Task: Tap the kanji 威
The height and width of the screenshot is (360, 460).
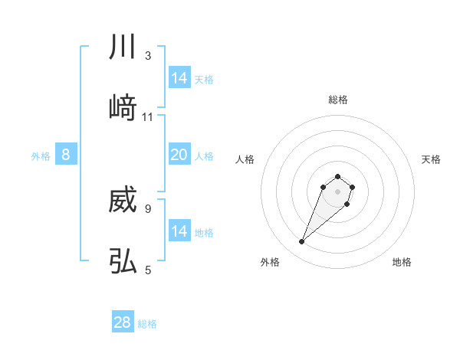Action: (123, 201)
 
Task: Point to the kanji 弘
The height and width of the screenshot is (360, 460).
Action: (123, 261)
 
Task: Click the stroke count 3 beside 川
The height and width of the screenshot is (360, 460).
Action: (148, 56)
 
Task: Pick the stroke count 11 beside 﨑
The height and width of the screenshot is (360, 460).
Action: (148, 116)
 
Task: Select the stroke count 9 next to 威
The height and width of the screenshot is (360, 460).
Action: (148, 208)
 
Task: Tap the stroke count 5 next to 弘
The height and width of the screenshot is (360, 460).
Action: (148, 270)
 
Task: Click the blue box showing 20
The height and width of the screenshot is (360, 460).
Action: (179, 155)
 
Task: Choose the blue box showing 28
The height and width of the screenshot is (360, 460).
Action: (123, 322)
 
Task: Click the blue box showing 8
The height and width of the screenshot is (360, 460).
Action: (66, 155)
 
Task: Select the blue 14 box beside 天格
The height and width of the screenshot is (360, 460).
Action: (179, 78)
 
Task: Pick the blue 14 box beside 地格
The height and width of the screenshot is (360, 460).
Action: (179, 231)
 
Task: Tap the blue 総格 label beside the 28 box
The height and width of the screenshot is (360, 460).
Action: (147, 324)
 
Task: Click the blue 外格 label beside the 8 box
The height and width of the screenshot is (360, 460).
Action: (41, 156)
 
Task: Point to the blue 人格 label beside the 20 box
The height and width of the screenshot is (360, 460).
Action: (204, 156)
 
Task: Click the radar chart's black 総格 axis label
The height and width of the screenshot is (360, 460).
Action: (337, 100)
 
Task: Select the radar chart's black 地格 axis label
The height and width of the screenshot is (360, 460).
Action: (402, 263)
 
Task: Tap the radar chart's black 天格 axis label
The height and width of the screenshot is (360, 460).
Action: (431, 159)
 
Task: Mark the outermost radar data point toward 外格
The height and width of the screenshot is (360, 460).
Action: (302, 242)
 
